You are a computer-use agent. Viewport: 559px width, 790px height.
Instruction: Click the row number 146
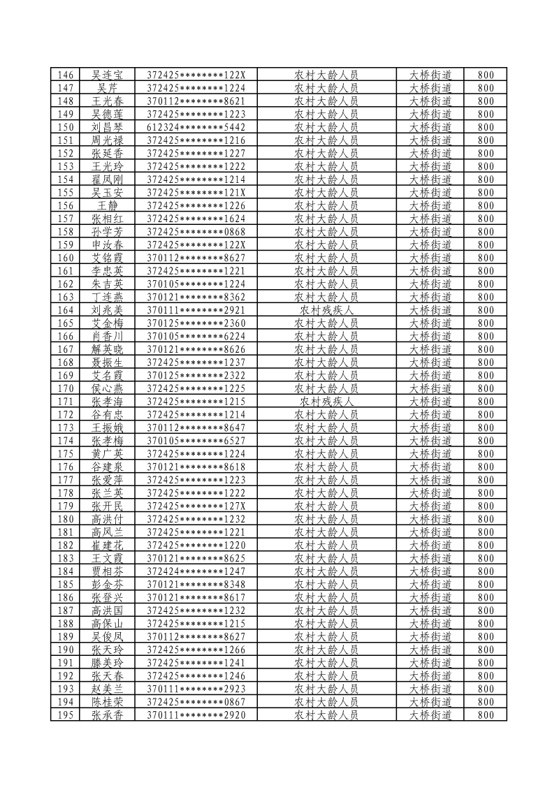66,75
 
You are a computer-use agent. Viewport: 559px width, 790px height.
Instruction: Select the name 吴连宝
108,75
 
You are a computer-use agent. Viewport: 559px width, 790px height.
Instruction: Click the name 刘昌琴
108,127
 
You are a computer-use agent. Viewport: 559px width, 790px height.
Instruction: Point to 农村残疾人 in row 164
326,310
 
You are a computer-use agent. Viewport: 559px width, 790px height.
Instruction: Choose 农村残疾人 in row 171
326,402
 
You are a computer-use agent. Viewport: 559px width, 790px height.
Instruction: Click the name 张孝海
108,402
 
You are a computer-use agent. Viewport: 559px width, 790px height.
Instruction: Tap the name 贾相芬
108,571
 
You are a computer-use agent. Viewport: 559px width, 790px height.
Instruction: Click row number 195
66,715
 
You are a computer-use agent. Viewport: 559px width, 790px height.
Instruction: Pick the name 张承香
108,715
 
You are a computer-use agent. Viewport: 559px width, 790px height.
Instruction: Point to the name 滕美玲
108,663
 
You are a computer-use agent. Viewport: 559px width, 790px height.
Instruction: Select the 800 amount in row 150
486,127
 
